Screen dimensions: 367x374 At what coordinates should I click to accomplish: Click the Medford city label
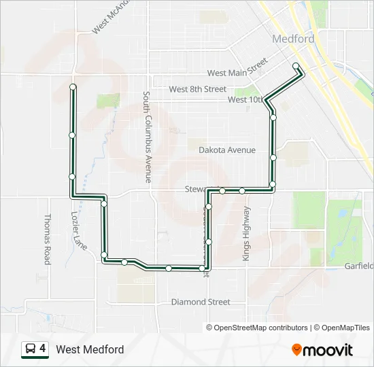tap(293, 39)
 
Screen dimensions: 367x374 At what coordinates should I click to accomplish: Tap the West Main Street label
tap(237, 71)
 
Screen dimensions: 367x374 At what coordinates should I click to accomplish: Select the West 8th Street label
tap(197, 89)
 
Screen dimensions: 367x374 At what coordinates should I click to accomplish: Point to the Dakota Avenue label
tap(227, 150)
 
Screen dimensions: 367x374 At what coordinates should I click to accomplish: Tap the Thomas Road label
tap(48, 239)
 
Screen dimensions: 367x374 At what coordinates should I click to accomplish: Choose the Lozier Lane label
tap(79, 230)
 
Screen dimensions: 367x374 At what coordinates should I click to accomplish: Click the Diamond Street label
tap(201, 302)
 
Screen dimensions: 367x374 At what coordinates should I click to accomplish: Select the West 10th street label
tap(245, 99)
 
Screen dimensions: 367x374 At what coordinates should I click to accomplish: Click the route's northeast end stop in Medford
tap(296, 66)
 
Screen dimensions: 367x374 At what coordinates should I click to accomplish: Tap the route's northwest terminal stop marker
tap(73, 86)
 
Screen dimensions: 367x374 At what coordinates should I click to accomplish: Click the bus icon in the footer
tap(31, 349)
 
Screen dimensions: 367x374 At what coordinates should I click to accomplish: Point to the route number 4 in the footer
tap(43, 349)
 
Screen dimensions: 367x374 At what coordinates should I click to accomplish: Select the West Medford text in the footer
tap(90, 349)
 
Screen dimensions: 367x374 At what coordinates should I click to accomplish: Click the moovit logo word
tap(328, 350)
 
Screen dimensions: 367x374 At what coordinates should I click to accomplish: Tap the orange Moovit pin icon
tap(296, 350)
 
